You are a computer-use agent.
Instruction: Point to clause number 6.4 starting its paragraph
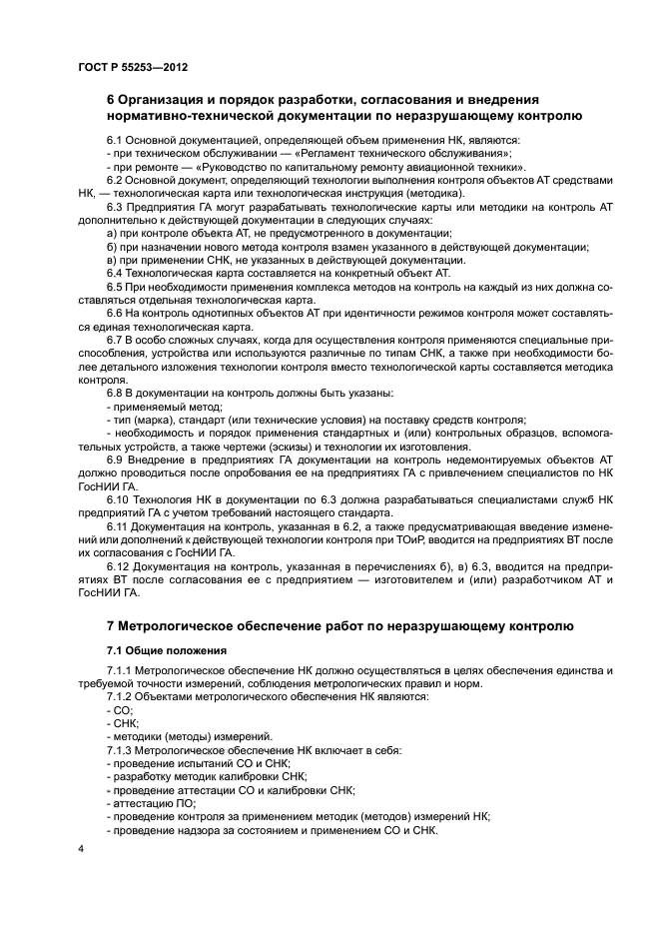[x=116, y=272]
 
